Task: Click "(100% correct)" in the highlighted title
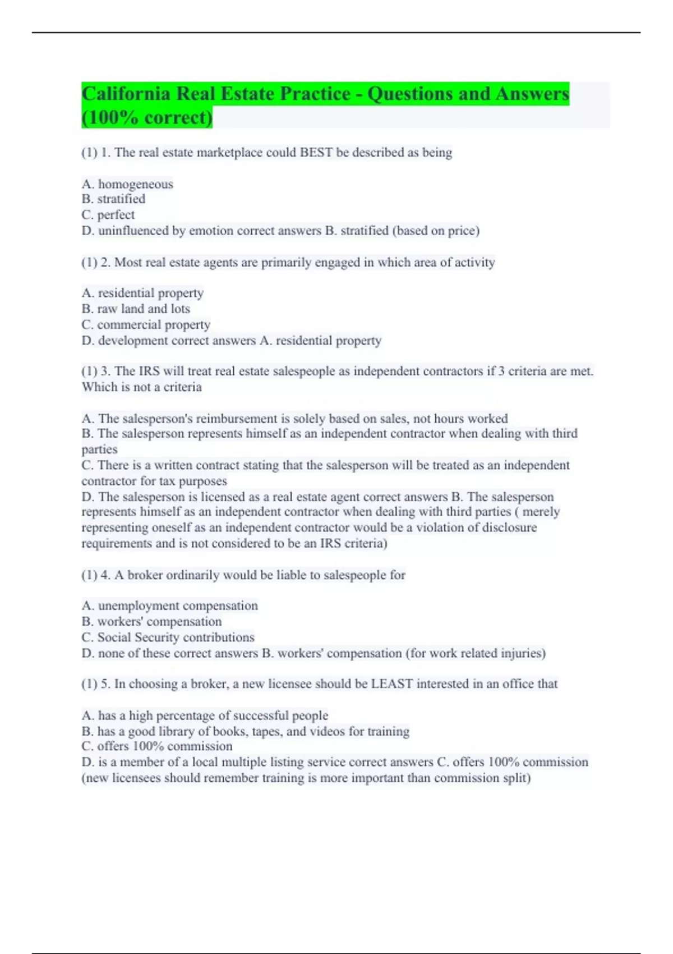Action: click(147, 118)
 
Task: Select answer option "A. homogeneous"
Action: click(127, 184)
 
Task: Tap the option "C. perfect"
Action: click(108, 215)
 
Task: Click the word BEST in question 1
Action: click(316, 153)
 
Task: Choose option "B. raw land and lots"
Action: click(136, 309)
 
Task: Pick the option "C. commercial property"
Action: click(146, 325)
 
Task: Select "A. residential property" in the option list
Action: click(142, 293)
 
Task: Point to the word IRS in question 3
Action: click(149, 371)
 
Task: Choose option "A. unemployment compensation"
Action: click(170, 606)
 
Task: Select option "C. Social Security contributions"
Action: click(168, 637)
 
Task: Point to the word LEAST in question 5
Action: click(391, 684)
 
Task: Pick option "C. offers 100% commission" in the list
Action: click(157, 746)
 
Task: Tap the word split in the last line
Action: click(517, 778)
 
